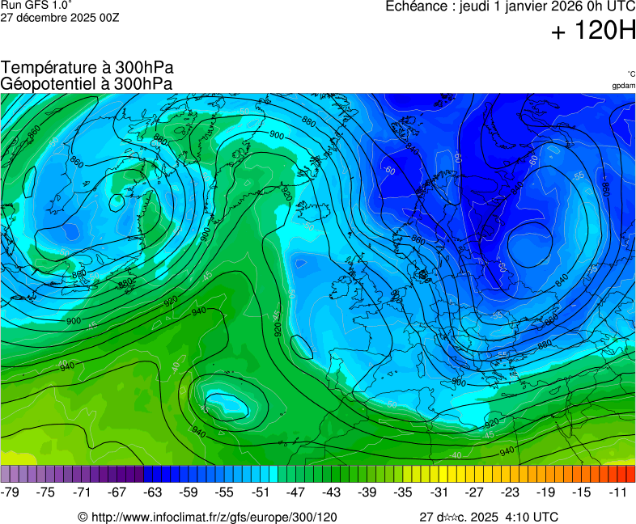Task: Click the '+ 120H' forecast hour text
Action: (592, 32)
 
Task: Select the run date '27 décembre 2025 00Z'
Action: (60, 17)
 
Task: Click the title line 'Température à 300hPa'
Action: (87, 68)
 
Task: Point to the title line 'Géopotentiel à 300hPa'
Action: (87, 83)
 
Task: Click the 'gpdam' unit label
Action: (623, 86)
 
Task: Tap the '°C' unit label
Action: (630, 74)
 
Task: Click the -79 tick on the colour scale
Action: (11, 492)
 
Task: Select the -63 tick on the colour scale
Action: (153, 492)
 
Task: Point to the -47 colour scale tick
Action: (295, 492)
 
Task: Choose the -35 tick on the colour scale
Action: (403, 492)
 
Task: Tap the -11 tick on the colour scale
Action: (617, 492)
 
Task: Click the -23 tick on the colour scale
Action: (510, 492)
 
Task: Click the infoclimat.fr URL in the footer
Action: (214, 517)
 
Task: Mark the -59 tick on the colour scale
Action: (189, 492)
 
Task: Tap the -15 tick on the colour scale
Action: (581, 492)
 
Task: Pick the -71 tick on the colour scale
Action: (82, 492)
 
